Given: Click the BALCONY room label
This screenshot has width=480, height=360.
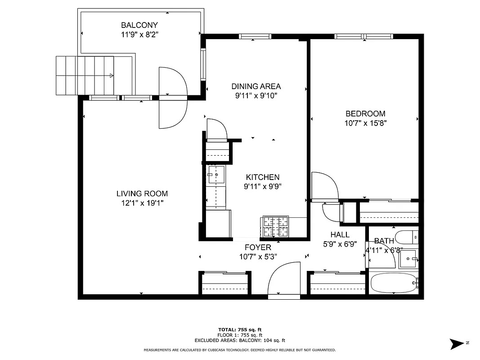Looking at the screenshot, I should click(139, 25).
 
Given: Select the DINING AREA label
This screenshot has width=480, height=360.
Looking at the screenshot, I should click(256, 86).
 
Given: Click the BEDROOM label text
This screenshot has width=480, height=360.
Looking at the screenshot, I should click(365, 114).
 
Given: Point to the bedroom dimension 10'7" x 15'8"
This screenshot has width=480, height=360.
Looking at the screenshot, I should click(365, 123).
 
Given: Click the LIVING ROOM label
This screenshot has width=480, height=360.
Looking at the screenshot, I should click(142, 194).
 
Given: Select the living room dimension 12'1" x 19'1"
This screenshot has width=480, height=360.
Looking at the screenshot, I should click(142, 203).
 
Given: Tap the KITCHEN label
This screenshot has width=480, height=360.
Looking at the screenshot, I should click(262, 177).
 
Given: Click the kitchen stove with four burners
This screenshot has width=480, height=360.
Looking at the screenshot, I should click(275, 226).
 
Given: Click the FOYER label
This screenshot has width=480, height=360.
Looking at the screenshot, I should click(258, 247).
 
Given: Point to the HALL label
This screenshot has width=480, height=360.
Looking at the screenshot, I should click(340, 234).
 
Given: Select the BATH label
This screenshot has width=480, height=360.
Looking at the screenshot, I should click(384, 241).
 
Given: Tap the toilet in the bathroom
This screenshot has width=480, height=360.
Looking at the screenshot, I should click(407, 237).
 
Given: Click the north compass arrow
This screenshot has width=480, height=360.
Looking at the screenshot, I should click(458, 344).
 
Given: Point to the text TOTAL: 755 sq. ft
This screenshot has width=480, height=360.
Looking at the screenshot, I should click(240, 330).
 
